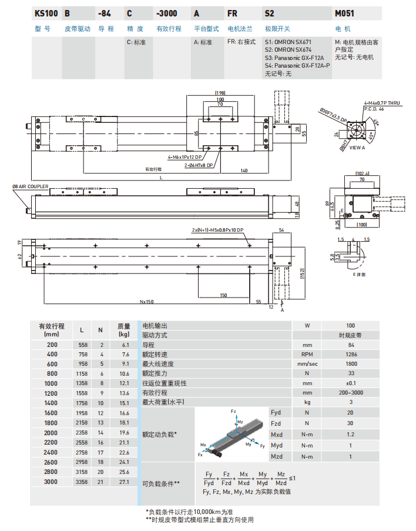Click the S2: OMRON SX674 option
288,51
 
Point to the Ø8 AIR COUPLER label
31,187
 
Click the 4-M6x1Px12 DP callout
184,158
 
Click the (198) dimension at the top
220,93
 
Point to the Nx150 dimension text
147,302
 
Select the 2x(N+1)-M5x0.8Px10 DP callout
218,230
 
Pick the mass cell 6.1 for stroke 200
124,345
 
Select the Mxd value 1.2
350,435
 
